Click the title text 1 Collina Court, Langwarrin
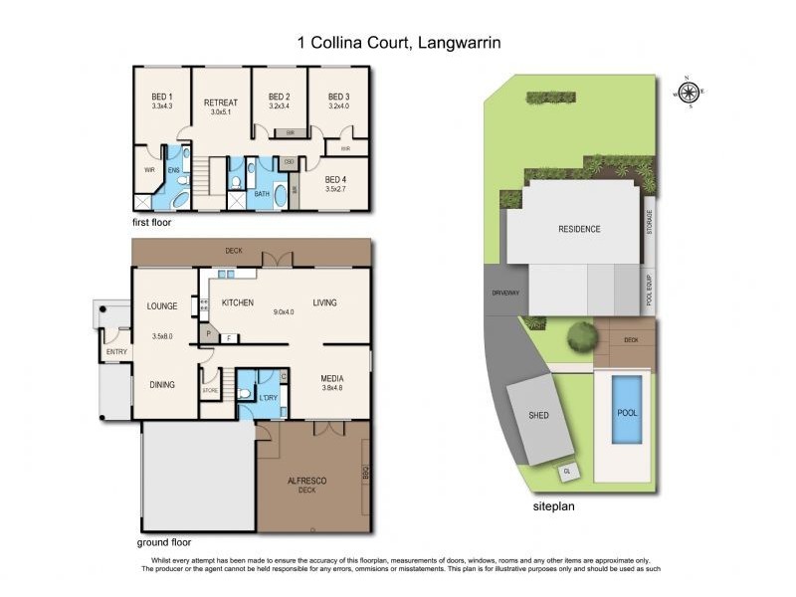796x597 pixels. pos(398,43)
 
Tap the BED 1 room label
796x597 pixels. pos(162,97)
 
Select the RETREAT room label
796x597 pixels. pos(220,103)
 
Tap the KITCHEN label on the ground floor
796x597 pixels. pos(237,302)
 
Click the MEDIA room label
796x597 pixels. pos(332,378)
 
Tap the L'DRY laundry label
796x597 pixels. pos(267,398)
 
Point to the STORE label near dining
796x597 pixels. pos(210,391)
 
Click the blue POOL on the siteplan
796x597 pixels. pos(625,412)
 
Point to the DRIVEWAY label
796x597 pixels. pos(505,295)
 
